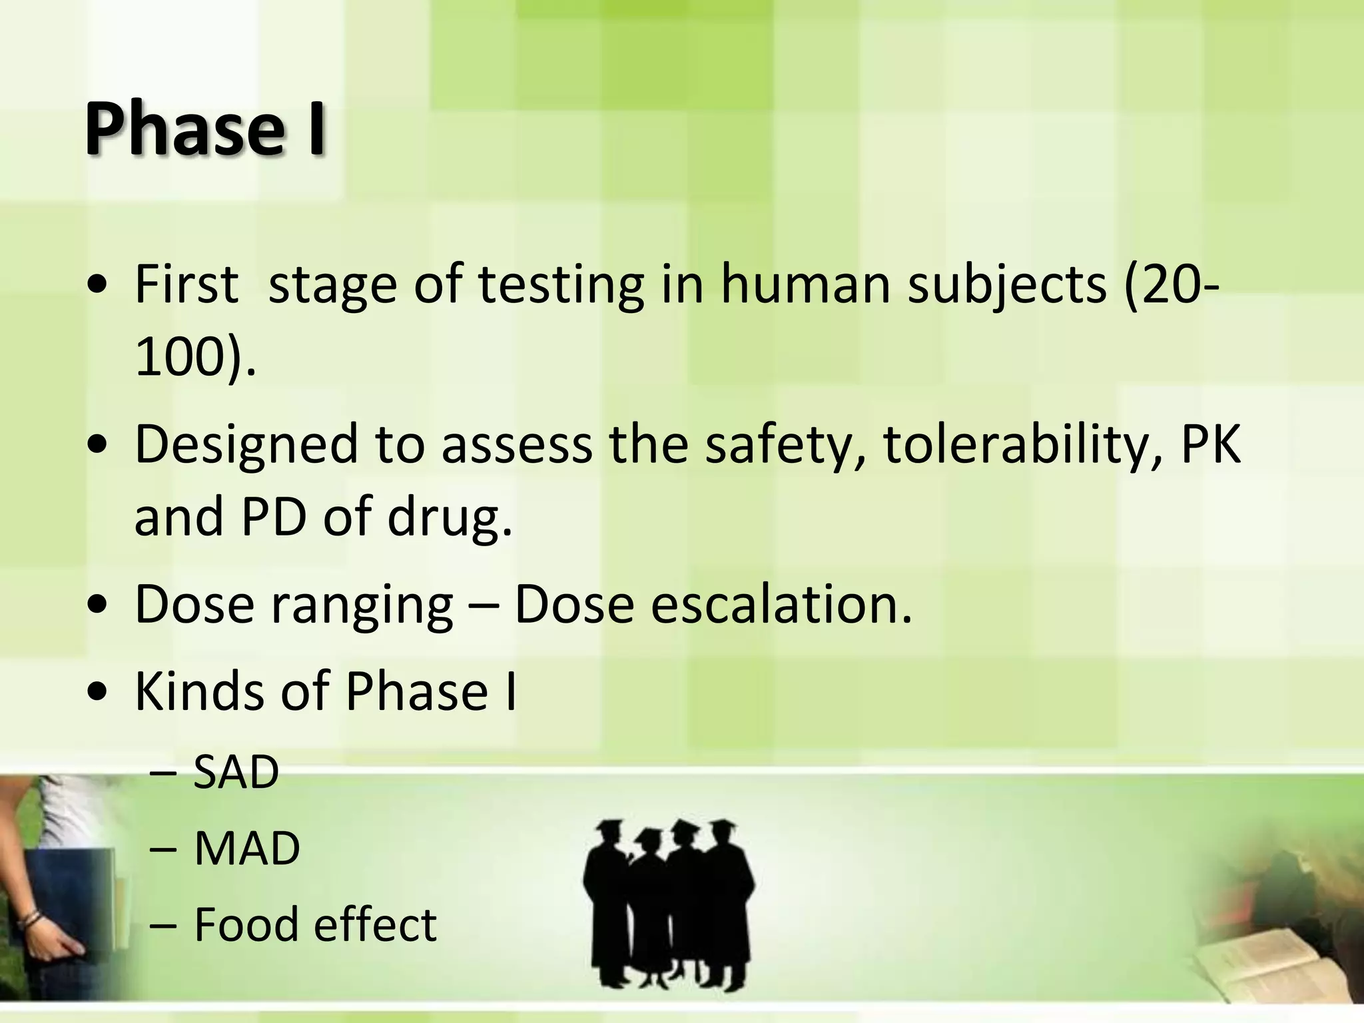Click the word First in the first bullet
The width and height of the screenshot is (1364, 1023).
click(x=186, y=284)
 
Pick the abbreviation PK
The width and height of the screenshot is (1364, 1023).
click(x=1211, y=444)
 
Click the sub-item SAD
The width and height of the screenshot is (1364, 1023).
click(x=236, y=773)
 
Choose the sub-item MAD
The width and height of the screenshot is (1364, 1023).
click(x=247, y=849)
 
